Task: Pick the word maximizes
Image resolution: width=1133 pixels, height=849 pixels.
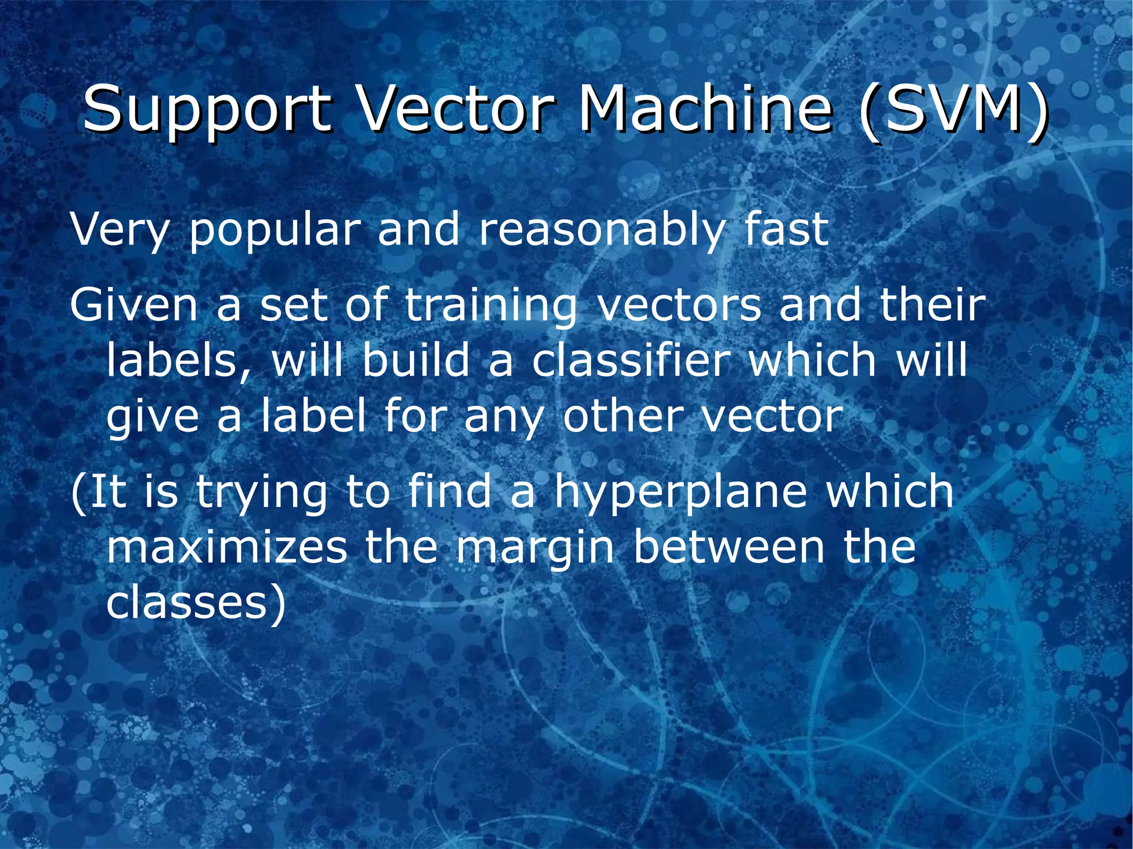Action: point(227,547)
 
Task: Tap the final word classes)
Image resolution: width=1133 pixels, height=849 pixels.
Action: point(196,603)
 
